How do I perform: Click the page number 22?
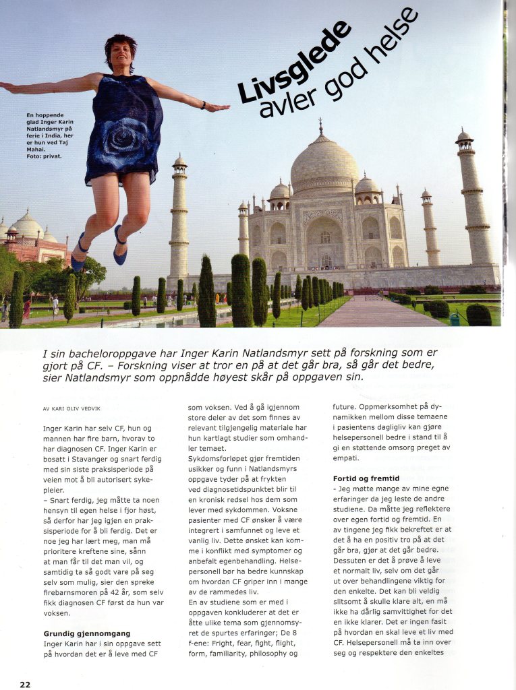[24, 684]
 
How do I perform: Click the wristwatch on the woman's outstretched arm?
[202, 105]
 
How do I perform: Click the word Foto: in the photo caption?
[35, 156]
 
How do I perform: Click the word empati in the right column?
[345, 458]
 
